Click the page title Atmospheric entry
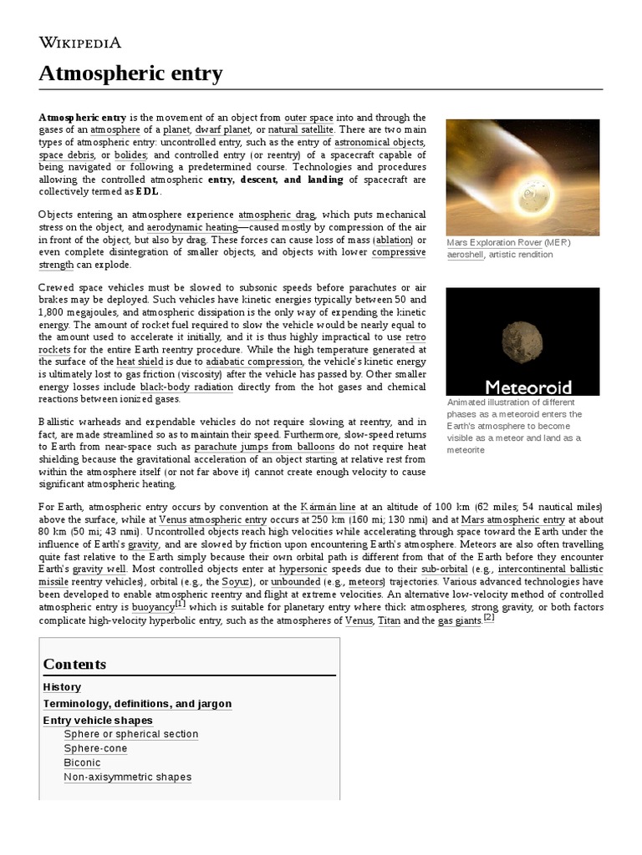pos(130,74)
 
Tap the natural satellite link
pos(301,130)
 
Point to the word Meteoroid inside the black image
pos(529,386)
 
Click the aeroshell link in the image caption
pos(465,254)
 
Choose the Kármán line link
pos(329,507)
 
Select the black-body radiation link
pos(186,387)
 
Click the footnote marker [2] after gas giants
pos(489,617)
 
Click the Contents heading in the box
pos(74,664)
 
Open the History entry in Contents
pos(62,687)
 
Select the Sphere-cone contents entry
pos(95,748)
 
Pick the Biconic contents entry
pos(82,762)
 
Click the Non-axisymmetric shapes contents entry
pos(127,777)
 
